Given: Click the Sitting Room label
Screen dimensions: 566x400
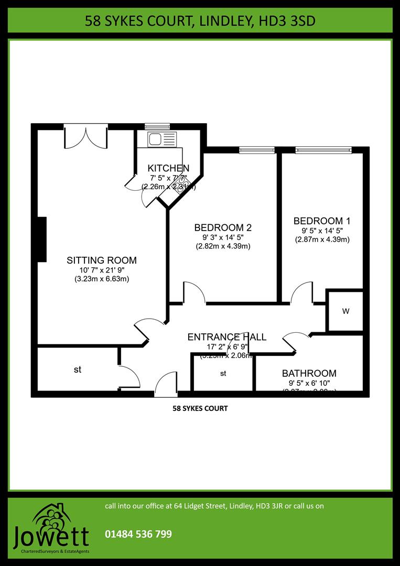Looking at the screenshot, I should tap(102, 260).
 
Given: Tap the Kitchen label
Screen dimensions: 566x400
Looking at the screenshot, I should tap(168, 168).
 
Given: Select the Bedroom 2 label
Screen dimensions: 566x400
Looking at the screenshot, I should tap(223, 227).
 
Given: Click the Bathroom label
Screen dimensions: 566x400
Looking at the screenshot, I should tap(309, 373).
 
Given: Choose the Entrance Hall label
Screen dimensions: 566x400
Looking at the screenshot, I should tap(227, 337).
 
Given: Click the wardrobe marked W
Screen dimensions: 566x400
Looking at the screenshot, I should tap(345, 311).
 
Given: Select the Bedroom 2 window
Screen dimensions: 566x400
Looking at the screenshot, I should tap(257, 150).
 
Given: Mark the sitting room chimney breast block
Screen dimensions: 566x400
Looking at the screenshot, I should tap(41, 239).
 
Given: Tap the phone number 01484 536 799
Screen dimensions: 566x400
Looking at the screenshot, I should tap(138, 535).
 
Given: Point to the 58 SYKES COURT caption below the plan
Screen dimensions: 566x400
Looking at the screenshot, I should tap(200, 408).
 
